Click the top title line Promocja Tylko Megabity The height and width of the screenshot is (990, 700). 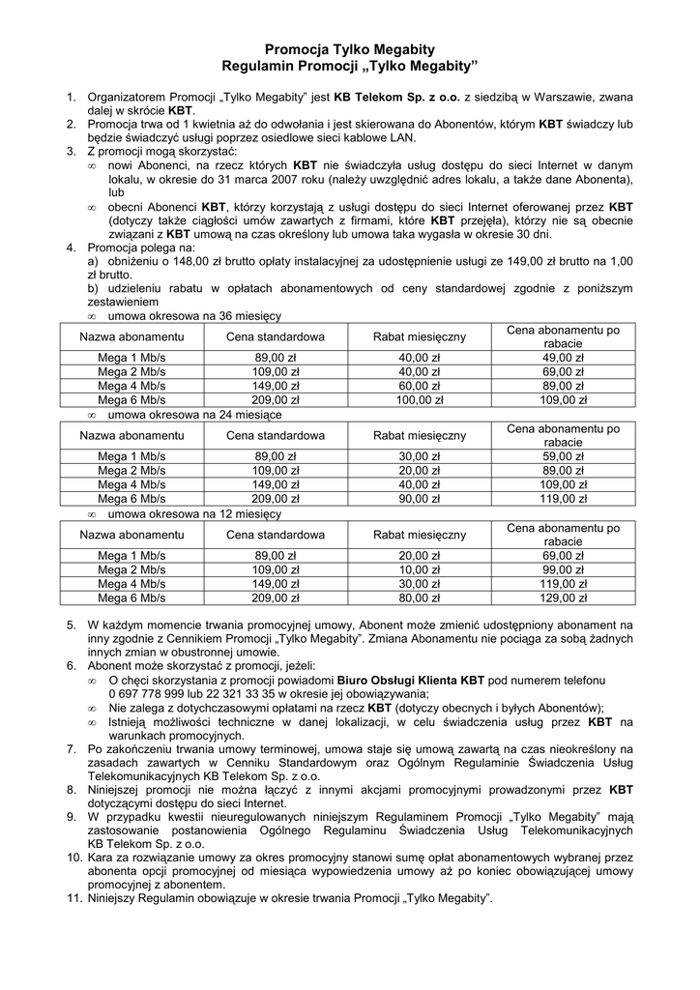(350, 48)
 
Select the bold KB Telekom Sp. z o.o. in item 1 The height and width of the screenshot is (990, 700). (397, 98)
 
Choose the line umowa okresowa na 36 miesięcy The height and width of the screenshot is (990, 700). (194, 316)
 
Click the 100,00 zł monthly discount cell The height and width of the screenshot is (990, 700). (420, 398)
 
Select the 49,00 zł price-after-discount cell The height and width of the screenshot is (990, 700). (563, 358)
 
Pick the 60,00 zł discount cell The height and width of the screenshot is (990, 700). (420, 385)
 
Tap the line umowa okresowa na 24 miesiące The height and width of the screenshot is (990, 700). (194, 414)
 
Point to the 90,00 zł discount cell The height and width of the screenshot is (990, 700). (420, 498)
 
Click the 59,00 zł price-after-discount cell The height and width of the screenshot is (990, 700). (563, 457)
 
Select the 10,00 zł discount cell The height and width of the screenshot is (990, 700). (420, 570)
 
